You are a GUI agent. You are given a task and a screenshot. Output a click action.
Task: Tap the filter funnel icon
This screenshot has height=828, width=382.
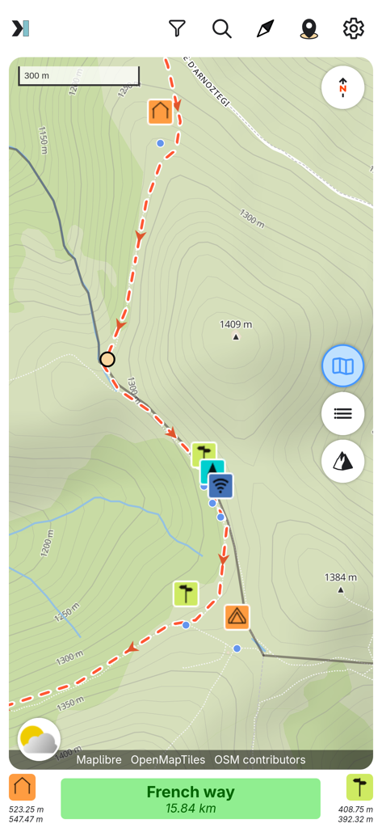178,28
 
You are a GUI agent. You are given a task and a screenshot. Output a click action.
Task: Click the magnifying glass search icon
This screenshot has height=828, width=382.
222,28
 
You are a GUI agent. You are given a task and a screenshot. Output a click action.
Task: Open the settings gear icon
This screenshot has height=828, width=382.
353,28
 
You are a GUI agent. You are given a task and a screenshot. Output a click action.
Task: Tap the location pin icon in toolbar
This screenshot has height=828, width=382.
309,29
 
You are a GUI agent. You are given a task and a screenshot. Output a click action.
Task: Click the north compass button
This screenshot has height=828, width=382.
342,87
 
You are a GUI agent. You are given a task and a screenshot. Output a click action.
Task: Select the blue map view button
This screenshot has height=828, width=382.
342,366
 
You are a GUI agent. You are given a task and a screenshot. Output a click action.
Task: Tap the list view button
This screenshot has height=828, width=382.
342,413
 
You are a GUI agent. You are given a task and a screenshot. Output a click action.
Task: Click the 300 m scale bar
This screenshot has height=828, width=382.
78,76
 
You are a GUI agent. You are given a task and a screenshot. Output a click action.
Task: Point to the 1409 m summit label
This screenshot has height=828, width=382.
236,325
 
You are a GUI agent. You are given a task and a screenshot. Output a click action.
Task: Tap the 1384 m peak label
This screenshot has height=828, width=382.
340,577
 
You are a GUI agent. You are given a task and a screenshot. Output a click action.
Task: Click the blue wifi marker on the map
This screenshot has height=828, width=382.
220,486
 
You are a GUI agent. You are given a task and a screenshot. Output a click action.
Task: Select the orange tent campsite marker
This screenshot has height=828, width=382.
237,617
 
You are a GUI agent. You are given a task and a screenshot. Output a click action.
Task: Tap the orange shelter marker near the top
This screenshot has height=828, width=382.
161,112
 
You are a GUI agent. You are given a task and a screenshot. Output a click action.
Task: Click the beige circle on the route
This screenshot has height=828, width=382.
107,359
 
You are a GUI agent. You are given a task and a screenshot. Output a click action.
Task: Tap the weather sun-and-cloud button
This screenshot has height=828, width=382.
39,739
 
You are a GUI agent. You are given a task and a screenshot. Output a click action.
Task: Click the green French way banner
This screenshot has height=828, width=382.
191,798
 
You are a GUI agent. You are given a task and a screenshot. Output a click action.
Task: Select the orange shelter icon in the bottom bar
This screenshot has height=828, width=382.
23,787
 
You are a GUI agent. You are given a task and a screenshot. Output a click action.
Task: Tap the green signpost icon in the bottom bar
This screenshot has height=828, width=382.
359,787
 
